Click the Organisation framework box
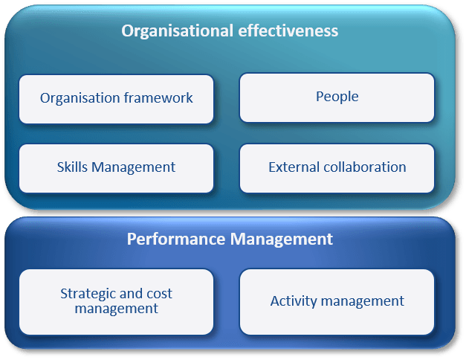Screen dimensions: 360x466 tap(116, 98)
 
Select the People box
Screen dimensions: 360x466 tap(337, 97)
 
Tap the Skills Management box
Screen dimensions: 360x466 tap(116, 168)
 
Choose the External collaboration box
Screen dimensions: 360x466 tap(337, 167)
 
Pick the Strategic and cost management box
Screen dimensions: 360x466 tap(116, 301)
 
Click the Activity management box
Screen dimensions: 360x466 tap(337, 301)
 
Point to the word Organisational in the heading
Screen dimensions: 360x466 tap(174, 30)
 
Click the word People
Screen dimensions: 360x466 tap(337, 97)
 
